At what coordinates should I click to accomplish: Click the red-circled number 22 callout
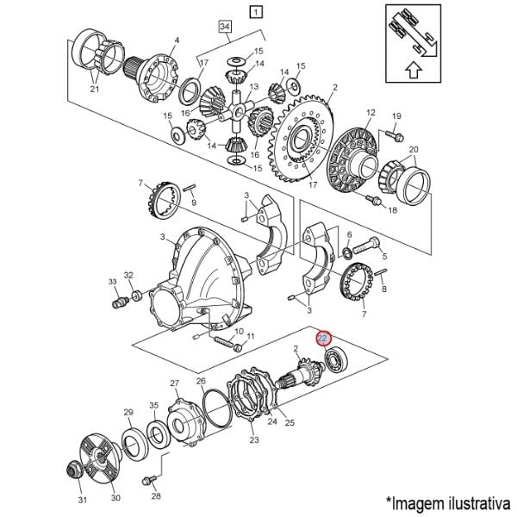[323, 338]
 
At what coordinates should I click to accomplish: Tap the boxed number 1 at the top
[256, 12]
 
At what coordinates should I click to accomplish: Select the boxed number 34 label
[225, 27]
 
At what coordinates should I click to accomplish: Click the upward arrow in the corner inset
[414, 71]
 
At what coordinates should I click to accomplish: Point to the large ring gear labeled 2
[302, 139]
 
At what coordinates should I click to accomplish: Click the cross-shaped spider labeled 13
[236, 111]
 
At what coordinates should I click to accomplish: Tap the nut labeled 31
[74, 470]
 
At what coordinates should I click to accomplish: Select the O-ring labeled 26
[218, 408]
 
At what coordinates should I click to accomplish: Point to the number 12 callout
[371, 112]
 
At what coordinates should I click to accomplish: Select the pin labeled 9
[190, 188]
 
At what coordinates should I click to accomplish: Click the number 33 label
[113, 282]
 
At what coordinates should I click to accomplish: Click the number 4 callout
[177, 40]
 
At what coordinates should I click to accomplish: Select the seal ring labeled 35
[159, 435]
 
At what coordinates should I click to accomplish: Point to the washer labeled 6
[347, 252]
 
